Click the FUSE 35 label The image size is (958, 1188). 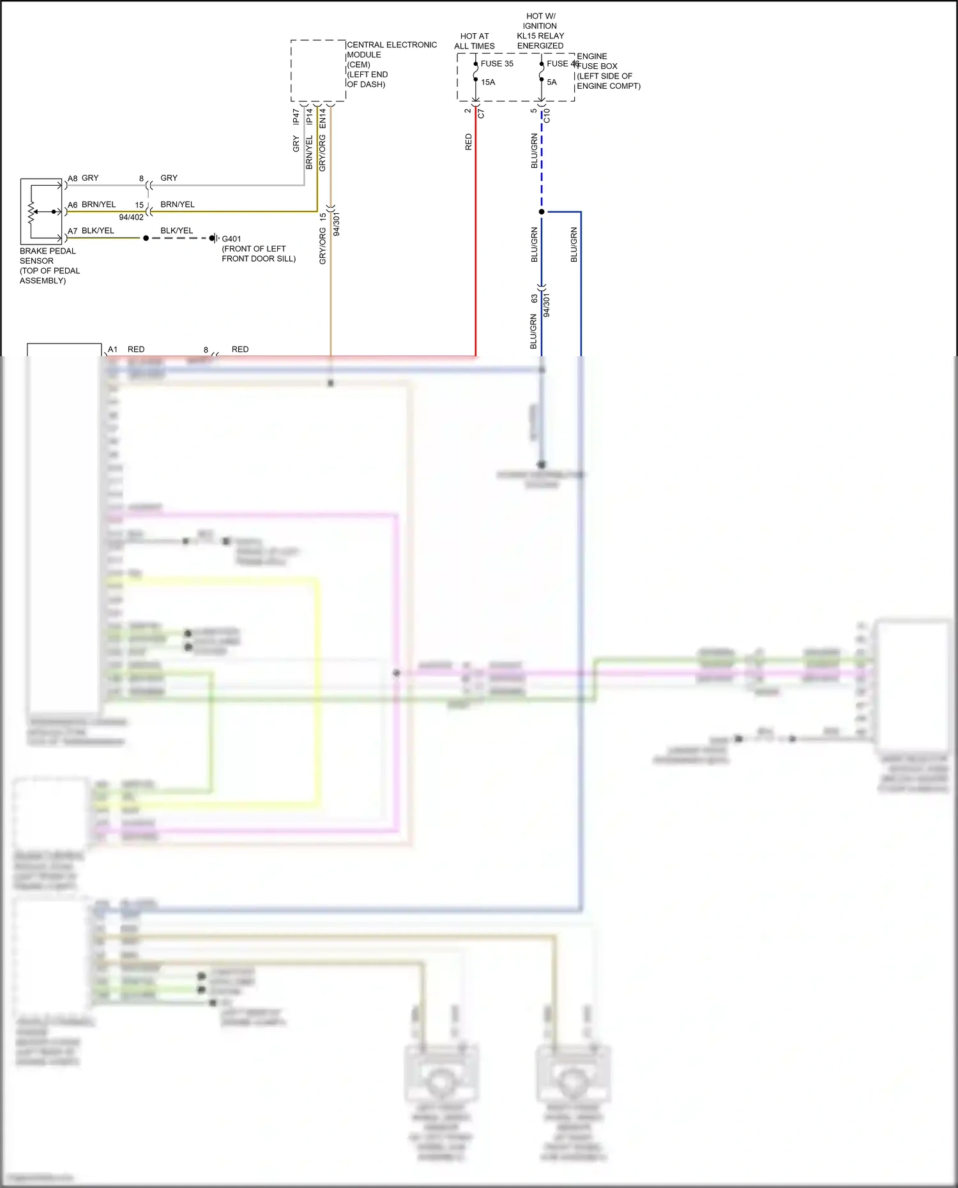coord(497,64)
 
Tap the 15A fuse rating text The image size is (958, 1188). coord(488,82)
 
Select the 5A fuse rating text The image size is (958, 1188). coord(552,82)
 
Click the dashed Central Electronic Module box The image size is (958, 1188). coord(318,70)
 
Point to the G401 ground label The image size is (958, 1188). coord(231,239)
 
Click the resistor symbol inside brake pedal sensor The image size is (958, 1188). coord(32,211)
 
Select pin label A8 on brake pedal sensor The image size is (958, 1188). coord(73,179)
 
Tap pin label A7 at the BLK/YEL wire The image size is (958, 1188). coord(73,231)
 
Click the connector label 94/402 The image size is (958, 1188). coord(132,218)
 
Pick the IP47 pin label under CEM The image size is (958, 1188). coord(296,116)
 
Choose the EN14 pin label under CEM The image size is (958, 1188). coord(323,117)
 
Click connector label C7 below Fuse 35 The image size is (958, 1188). coord(482,114)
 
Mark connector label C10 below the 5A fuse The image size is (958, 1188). coord(547,116)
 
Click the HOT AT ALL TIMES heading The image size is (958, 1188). coord(475,41)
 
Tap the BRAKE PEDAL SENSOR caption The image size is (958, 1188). coord(48,256)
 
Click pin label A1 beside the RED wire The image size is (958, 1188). coord(112,349)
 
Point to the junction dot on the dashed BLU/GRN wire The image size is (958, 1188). coord(542,211)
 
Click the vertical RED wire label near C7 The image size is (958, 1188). coord(469,142)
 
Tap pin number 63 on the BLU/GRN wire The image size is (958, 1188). coord(534,299)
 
